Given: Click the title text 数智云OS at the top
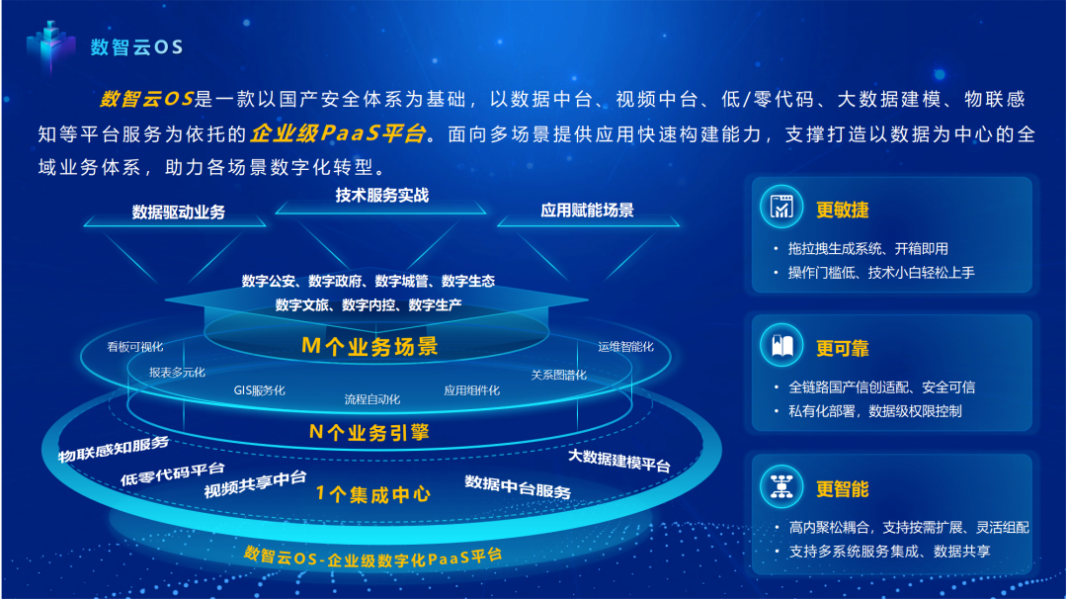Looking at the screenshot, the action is (x=136, y=47).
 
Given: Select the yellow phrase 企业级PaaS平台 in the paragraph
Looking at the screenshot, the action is (x=338, y=132).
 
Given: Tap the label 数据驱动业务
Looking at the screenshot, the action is (x=178, y=212).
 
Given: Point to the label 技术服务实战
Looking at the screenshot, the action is (x=381, y=196).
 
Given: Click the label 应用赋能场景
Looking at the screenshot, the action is (x=587, y=210).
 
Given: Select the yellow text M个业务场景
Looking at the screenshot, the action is (x=369, y=346).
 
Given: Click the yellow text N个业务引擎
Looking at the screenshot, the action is (x=369, y=432).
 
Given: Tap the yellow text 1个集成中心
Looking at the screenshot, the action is (x=372, y=494).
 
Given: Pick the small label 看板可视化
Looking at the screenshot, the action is (x=135, y=347).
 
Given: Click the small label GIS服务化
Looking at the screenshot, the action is (x=259, y=390).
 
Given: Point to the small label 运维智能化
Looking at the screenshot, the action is (x=625, y=347).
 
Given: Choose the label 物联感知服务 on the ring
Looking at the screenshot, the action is (x=113, y=449).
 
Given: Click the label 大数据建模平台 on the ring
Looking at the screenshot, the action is (x=619, y=461).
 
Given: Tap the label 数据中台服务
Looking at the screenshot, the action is (x=518, y=487).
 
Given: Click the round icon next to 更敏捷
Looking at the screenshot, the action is (x=781, y=207).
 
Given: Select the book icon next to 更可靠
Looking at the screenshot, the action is (x=781, y=345).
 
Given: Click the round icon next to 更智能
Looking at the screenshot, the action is (x=781, y=486).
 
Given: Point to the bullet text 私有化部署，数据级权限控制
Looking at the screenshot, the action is (x=875, y=411).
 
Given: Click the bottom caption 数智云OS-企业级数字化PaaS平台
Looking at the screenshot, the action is (x=372, y=557).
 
